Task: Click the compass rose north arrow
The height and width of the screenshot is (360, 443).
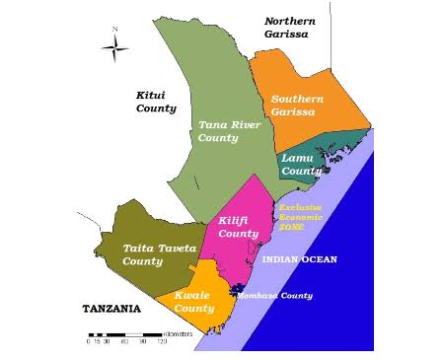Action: [114, 46]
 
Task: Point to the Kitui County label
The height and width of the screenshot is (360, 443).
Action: [155, 102]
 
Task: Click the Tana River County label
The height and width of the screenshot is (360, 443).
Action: [218, 131]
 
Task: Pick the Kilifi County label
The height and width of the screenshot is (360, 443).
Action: [238, 227]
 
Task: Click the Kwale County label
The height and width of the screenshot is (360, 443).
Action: [194, 302]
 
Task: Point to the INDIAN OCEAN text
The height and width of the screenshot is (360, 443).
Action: [300, 259]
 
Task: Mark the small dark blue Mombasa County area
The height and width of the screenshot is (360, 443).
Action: [234, 290]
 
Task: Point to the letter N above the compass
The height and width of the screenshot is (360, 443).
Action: [114, 29]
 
